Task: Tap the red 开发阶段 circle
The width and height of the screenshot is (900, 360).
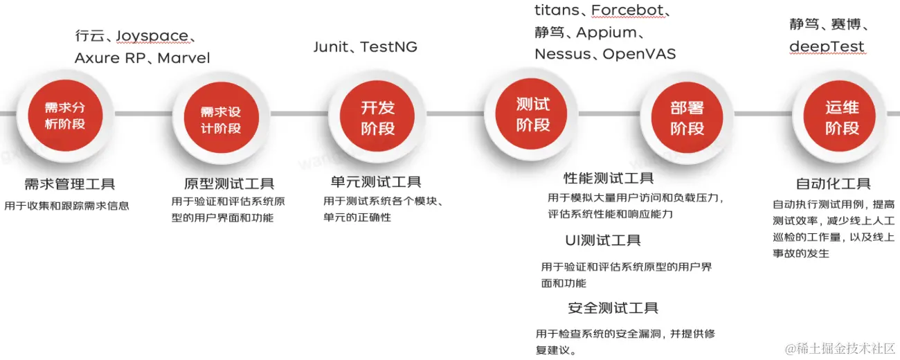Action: click(377, 117)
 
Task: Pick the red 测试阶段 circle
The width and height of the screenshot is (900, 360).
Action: click(532, 114)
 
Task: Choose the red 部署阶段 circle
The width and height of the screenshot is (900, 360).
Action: click(687, 118)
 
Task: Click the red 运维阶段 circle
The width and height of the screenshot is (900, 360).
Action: click(842, 118)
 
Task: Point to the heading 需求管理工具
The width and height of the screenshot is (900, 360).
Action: click(69, 184)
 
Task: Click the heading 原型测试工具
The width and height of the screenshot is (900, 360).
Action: click(229, 184)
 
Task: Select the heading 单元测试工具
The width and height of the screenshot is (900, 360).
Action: click(376, 182)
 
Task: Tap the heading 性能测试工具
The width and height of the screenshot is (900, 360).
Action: click(609, 179)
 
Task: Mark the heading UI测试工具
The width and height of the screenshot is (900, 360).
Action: click(603, 240)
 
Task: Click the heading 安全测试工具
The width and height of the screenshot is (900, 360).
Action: click(613, 308)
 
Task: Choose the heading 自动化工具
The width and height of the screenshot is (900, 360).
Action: click(833, 184)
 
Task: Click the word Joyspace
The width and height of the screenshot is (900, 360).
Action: click(152, 36)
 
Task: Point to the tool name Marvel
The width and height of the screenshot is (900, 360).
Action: click(183, 58)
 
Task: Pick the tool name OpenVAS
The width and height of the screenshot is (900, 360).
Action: click(639, 54)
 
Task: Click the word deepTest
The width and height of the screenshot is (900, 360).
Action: click(827, 47)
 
